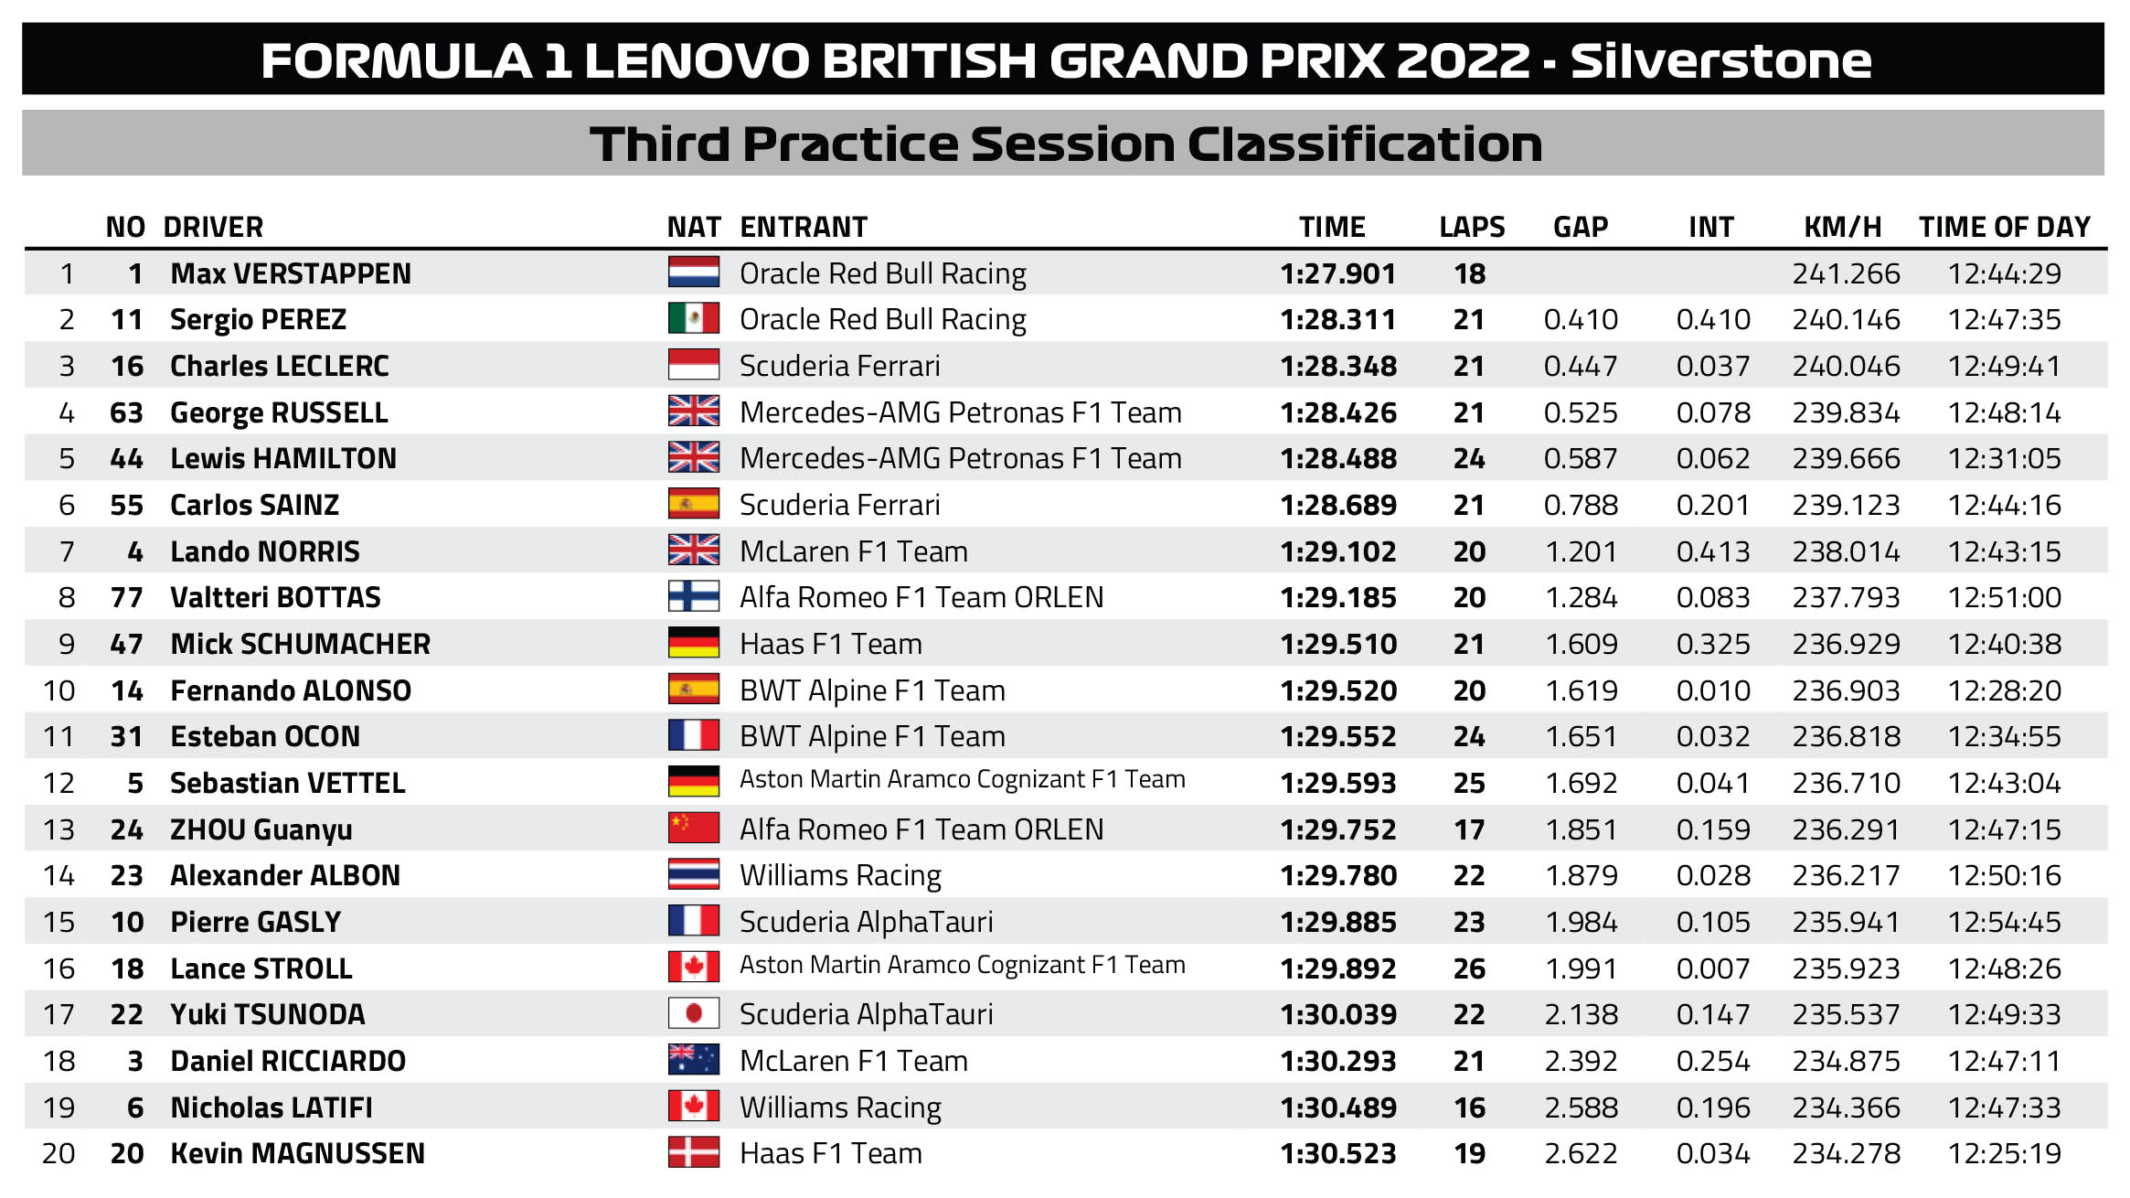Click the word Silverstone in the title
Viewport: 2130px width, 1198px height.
click(x=1720, y=60)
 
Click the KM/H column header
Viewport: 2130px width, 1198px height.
click(x=1842, y=227)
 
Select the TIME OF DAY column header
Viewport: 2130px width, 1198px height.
click(x=2004, y=227)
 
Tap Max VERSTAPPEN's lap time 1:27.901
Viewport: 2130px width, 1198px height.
click(x=1337, y=273)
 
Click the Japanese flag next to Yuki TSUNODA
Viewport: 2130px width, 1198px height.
click(x=693, y=1013)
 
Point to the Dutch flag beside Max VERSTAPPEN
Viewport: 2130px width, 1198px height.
click(x=693, y=273)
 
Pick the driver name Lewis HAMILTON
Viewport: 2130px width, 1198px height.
click(x=283, y=458)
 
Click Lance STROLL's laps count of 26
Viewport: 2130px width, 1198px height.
click(x=1469, y=968)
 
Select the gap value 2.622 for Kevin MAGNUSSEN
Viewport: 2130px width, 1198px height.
click(x=1581, y=1153)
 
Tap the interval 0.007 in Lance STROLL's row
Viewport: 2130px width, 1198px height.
click(x=1712, y=968)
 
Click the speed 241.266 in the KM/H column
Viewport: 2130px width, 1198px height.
click(x=1846, y=273)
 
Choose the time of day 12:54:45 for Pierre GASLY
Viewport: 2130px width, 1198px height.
click(x=2004, y=922)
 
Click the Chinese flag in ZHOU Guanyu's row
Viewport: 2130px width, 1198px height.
click(x=693, y=828)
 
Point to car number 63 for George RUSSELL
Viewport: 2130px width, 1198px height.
click(x=126, y=412)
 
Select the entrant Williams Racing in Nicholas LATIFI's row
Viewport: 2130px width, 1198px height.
click(x=840, y=1107)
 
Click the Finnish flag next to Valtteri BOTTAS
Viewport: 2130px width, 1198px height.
click(x=693, y=596)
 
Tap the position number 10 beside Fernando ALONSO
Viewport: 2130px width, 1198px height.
click(x=59, y=690)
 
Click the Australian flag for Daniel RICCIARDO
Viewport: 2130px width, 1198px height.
click(x=693, y=1060)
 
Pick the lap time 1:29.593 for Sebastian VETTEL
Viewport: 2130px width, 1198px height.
click(x=1337, y=783)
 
